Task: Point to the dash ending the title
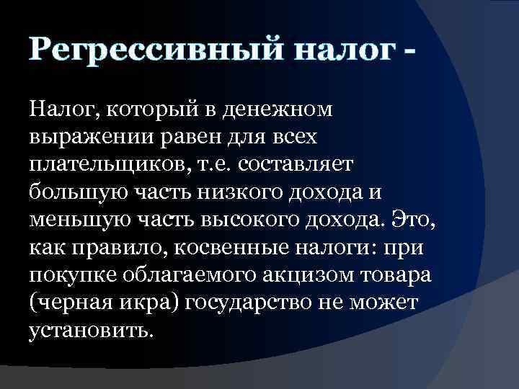[412, 52]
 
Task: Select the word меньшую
[79, 219]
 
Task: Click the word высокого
[244, 219]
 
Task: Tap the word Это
[416, 219]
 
